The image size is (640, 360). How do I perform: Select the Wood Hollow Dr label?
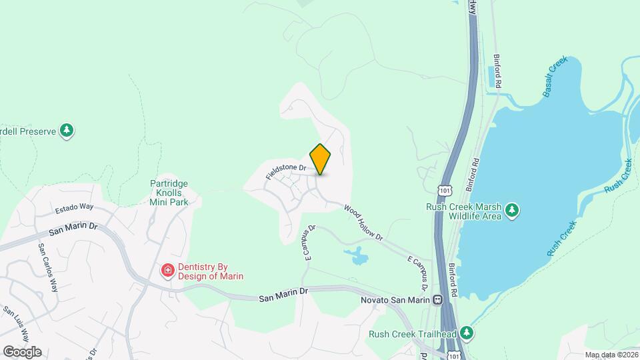tap(363, 223)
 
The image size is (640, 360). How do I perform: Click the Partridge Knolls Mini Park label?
tap(169, 191)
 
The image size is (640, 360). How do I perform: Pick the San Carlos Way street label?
tap(48, 267)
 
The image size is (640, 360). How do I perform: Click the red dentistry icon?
tap(167, 270)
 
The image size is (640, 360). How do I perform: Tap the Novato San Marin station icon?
tap(438, 300)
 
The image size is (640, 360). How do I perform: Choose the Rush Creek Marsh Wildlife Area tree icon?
tap(511, 211)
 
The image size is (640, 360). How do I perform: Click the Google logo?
tap(22, 352)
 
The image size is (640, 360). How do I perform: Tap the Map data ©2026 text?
tap(610, 355)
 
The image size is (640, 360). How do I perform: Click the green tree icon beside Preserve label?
tap(66, 130)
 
